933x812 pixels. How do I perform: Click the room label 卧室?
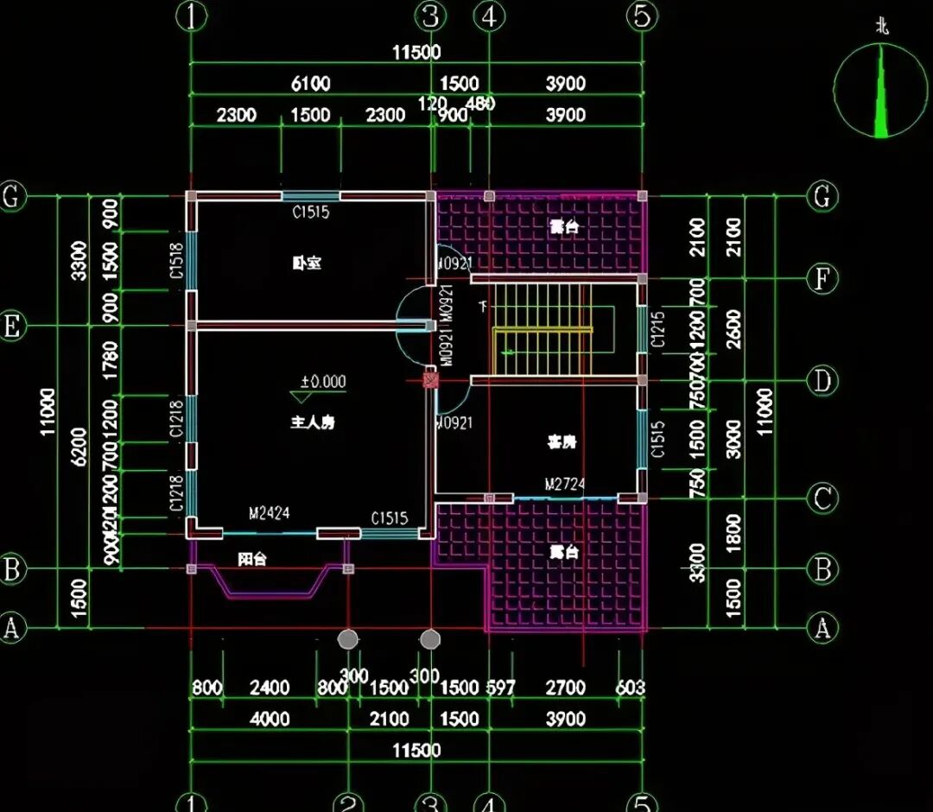(x=307, y=263)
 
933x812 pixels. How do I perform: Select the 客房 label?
(x=562, y=442)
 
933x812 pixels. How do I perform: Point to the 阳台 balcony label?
(x=252, y=560)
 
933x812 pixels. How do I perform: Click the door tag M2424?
(x=270, y=514)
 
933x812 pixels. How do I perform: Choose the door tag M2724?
(x=564, y=485)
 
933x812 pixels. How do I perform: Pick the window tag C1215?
(x=657, y=329)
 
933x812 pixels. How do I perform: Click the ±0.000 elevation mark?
(x=322, y=382)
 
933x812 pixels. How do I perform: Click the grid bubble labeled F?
(x=822, y=278)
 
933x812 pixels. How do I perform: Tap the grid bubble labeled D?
(x=822, y=381)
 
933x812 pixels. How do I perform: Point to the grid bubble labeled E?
(x=12, y=327)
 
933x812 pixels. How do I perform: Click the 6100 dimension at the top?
(x=310, y=84)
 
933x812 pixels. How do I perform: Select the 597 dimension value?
(x=500, y=688)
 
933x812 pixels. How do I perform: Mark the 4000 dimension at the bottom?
(x=270, y=719)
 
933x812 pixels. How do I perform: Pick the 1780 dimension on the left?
(x=111, y=360)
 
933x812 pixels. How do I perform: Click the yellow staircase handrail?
(x=543, y=331)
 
